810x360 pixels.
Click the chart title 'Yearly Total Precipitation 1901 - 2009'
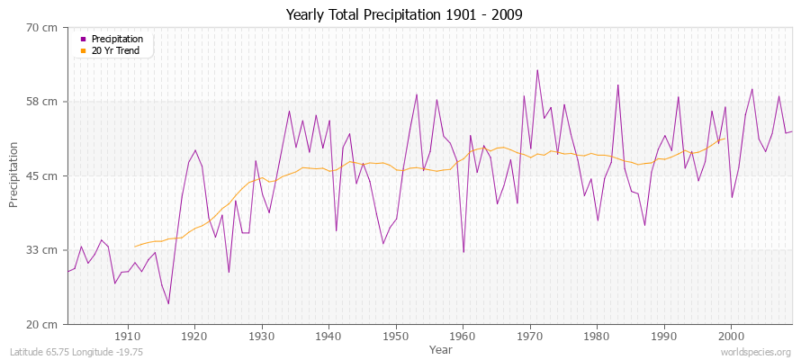point(404,15)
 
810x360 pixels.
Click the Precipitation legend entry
point(117,39)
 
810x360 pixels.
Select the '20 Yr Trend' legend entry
point(115,50)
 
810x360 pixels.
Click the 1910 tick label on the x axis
point(128,336)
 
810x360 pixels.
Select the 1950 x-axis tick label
point(395,336)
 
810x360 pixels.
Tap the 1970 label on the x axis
point(529,336)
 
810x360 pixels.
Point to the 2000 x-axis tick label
point(730,336)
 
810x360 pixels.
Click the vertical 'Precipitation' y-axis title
point(13,175)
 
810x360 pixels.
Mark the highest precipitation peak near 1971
point(537,70)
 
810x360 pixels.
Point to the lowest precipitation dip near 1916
point(168,303)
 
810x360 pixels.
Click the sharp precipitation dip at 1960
point(463,252)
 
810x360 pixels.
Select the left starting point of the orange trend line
point(135,246)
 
